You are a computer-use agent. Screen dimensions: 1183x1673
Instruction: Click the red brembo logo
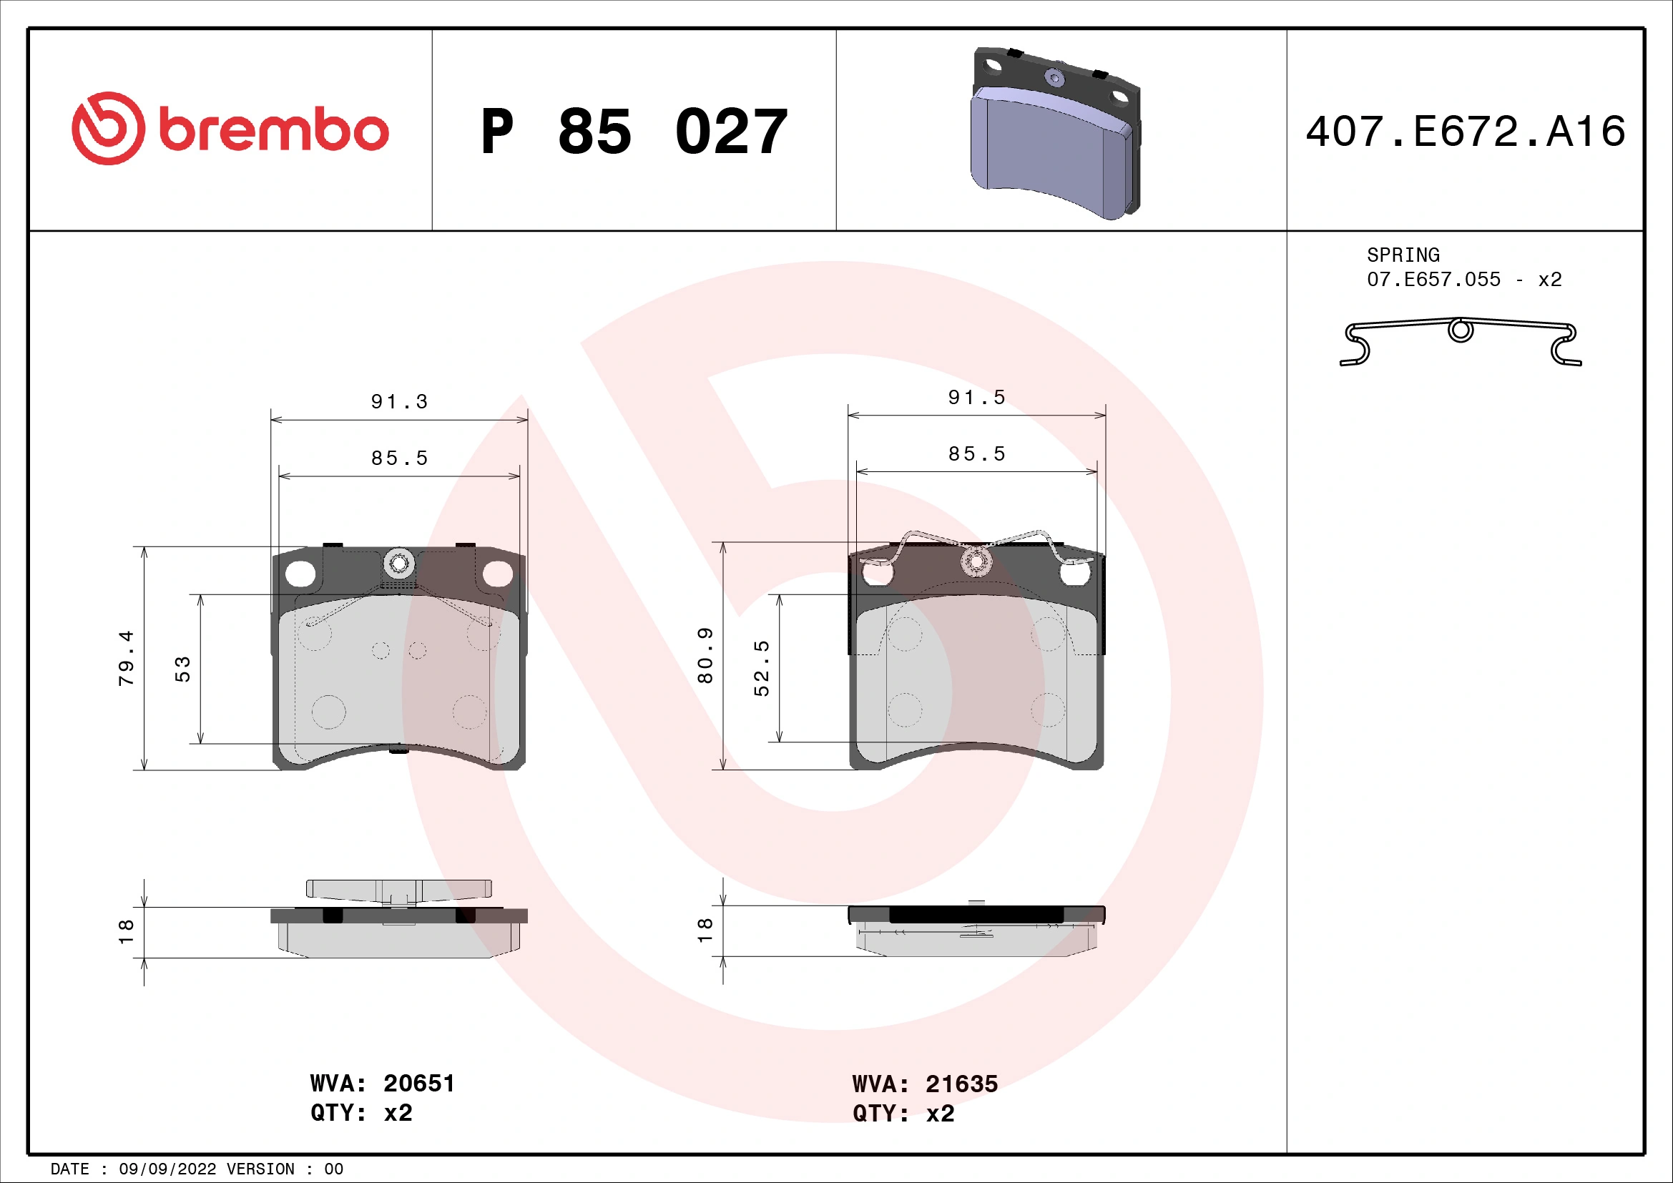(x=230, y=129)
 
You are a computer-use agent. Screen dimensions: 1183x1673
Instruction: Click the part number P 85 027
(x=633, y=132)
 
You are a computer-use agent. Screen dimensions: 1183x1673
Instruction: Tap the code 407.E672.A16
(x=1465, y=132)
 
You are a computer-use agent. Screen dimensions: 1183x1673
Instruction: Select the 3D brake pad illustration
(x=1056, y=134)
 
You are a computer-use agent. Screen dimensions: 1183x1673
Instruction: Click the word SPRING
(x=1403, y=255)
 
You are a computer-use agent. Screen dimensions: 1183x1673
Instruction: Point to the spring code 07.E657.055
(x=1433, y=280)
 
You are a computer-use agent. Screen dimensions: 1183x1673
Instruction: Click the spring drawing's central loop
(x=1461, y=330)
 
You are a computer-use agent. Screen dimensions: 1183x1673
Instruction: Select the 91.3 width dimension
(x=398, y=402)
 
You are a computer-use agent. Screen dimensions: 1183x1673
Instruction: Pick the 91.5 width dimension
(x=976, y=398)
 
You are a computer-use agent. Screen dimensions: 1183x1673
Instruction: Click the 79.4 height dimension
(x=127, y=658)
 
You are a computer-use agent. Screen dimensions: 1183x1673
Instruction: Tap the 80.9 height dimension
(x=705, y=655)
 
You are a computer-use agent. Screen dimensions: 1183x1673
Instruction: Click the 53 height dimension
(x=182, y=669)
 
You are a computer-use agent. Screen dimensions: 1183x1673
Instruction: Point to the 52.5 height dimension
(x=762, y=668)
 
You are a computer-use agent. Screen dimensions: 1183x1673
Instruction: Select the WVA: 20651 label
(x=382, y=1083)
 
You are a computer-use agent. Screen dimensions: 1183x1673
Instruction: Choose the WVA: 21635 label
(x=925, y=1084)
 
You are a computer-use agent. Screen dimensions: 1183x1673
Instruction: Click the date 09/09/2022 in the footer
(x=167, y=1169)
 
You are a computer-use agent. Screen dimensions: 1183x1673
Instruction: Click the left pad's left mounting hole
(x=300, y=574)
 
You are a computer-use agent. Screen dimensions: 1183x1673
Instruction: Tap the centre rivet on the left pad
(x=398, y=563)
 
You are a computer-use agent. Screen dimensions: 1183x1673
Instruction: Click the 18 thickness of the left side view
(x=127, y=931)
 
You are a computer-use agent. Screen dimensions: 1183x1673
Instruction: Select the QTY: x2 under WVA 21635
(x=903, y=1114)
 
